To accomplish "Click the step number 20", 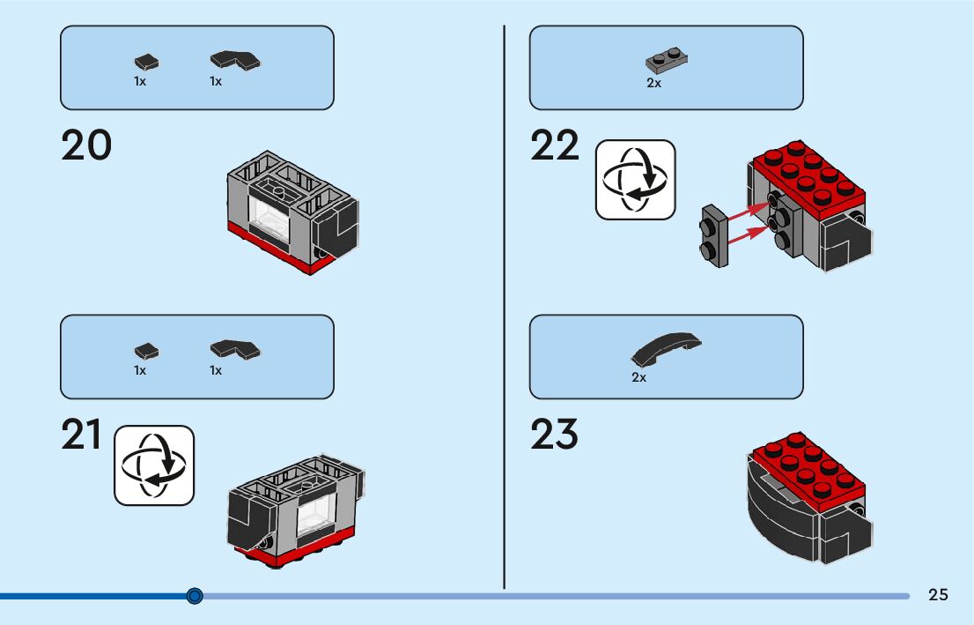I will pos(86,145).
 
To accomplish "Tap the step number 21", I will pos(82,435).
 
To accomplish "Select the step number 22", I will pos(555,145).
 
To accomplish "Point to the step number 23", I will pos(554,435).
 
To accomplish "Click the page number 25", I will pos(938,595).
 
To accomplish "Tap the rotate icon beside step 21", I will pos(154,465).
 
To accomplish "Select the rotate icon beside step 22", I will pos(636,179).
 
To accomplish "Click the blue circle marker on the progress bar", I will pos(196,596).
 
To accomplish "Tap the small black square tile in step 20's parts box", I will pos(147,62).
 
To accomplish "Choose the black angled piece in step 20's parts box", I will pos(235,61).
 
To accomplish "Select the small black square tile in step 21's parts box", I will pos(147,351).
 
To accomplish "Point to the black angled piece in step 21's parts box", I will pos(235,350).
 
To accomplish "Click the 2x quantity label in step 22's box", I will pos(653,84).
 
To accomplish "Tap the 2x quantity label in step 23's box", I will pos(638,377).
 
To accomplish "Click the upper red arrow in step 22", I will pos(748,209).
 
